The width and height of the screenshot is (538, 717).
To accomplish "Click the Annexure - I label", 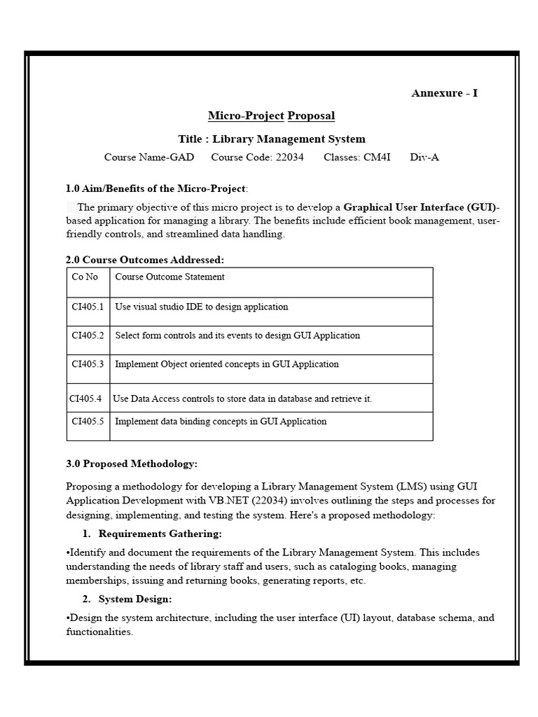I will click(x=444, y=93).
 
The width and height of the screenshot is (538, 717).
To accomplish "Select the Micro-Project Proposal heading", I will click(x=271, y=116).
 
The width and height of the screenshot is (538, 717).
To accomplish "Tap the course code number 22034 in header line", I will click(x=289, y=157).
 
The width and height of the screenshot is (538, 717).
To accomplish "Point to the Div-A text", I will click(x=425, y=157).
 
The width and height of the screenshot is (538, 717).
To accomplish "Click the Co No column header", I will click(x=85, y=277).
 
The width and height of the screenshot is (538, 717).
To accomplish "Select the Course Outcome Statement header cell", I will click(x=170, y=277).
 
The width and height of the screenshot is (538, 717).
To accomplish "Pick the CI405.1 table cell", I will click(x=88, y=307).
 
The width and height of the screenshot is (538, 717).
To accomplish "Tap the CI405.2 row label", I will click(x=88, y=335).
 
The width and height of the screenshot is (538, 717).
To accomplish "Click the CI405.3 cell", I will click(x=88, y=364).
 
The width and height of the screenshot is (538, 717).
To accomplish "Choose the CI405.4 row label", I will click(x=85, y=398).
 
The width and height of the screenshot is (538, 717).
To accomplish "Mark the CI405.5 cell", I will click(x=88, y=421).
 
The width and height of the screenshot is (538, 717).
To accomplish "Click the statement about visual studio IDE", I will click(x=201, y=307).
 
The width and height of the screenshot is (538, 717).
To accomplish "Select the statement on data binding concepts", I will click(x=221, y=421).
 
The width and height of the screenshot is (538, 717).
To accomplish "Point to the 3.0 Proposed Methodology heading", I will click(x=132, y=464).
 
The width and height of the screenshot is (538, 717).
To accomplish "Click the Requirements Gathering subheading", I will click(x=160, y=534).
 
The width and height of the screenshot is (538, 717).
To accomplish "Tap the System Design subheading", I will click(x=134, y=599).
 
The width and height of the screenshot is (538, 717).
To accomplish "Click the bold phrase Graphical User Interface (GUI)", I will click(x=419, y=207).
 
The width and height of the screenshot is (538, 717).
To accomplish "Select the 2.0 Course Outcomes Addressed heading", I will click(x=145, y=260).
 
